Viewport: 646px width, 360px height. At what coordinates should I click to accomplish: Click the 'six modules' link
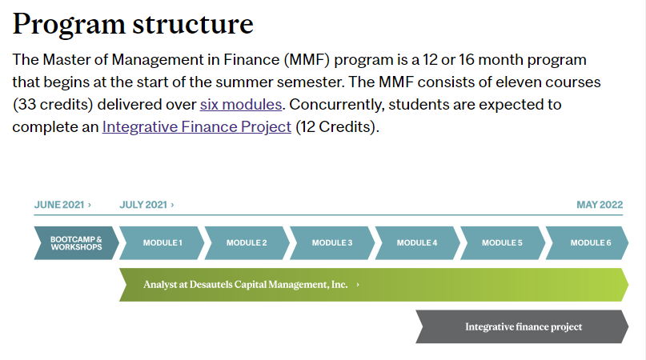(x=241, y=105)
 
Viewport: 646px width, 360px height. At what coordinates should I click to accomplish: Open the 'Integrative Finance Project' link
(x=196, y=127)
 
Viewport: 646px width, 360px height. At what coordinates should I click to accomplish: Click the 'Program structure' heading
(x=133, y=25)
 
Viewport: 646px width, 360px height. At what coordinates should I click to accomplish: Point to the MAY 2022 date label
(x=600, y=205)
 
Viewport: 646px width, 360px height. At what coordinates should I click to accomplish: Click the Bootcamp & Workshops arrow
(x=76, y=243)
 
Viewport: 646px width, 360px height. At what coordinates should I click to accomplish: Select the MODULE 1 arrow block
(x=162, y=243)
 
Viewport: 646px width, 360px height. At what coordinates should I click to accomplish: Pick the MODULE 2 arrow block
(x=247, y=243)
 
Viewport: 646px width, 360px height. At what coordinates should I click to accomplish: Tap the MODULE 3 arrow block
(x=332, y=243)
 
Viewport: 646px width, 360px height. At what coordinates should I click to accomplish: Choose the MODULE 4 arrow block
(x=417, y=243)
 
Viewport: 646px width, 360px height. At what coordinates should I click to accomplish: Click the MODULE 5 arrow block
(x=503, y=243)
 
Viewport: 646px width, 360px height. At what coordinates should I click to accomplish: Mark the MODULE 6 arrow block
(x=587, y=243)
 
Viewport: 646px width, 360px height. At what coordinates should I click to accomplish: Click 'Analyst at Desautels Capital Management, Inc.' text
(x=246, y=285)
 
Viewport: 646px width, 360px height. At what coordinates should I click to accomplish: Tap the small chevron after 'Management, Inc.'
(x=358, y=285)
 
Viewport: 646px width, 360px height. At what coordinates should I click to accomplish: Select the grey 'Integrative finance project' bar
(x=522, y=326)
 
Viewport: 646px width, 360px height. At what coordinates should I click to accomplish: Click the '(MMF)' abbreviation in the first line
(x=307, y=60)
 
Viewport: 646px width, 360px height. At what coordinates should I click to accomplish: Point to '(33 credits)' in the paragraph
(x=53, y=105)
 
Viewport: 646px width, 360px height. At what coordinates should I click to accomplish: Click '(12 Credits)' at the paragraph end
(x=337, y=127)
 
